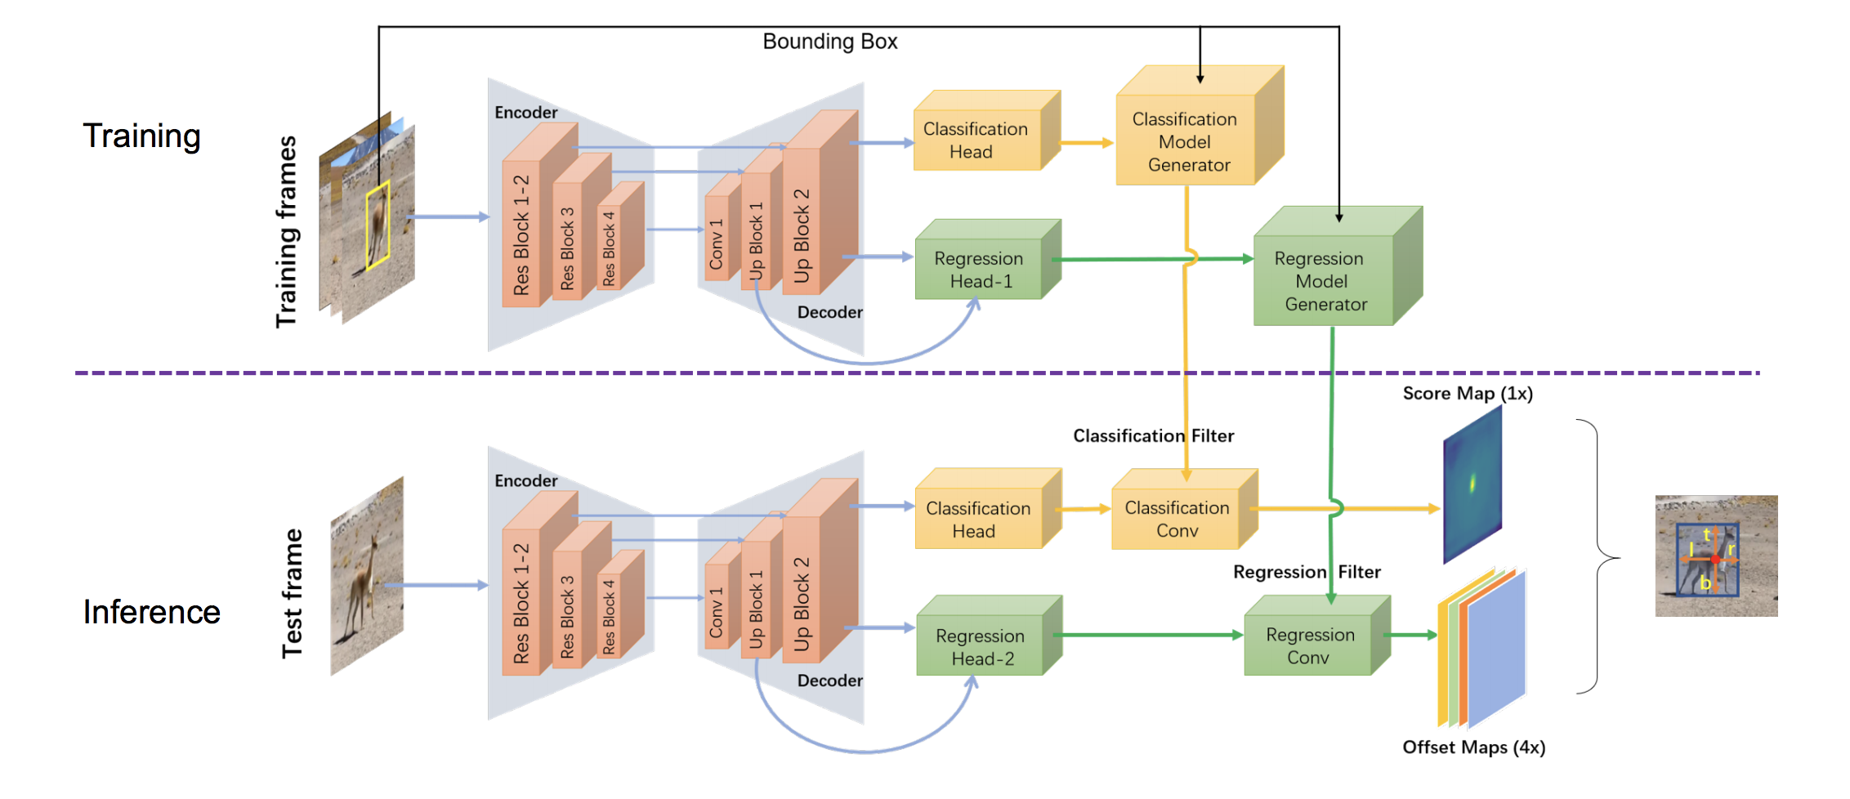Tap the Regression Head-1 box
(979, 270)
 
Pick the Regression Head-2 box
(981, 647)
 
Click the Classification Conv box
(1177, 519)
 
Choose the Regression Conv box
(1309, 645)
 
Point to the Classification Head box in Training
(975, 141)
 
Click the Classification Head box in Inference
(977, 520)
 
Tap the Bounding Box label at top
(829, 42)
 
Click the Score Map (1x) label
(1468, 394)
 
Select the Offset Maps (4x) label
(1473, 748)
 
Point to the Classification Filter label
(1153, 436)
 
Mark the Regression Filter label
(1307, 573)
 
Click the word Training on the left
(141, 136)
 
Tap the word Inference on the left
(152, 612)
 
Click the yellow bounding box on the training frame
(378, 226)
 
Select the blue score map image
(1472, 484)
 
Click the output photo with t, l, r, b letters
(1716, 556)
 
